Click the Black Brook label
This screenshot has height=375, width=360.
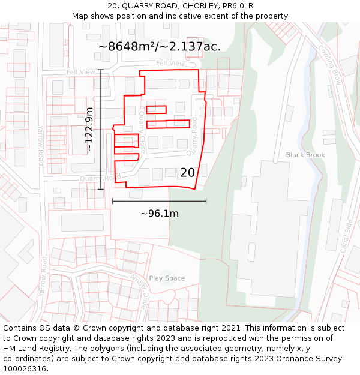[x=305, y=155]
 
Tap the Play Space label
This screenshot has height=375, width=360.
[x=167, y=278]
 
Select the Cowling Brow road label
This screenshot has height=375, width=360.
[x=329, y=64]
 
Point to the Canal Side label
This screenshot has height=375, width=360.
[x=348, y=235]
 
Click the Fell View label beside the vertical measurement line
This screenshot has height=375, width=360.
[x=81, y=72]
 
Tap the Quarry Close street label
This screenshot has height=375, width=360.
[x=143, y=130]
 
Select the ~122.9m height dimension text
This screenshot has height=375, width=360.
[x=89, y=129]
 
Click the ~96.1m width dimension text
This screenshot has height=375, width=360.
[x=160, y=213]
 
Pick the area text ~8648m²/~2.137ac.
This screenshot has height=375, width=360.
[x=159, y=46]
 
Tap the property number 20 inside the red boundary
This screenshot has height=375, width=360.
[x=187, y=173]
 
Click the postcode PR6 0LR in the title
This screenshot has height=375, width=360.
[x=239, y=6]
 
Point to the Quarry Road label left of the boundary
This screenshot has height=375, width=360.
[x=95, y=178]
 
